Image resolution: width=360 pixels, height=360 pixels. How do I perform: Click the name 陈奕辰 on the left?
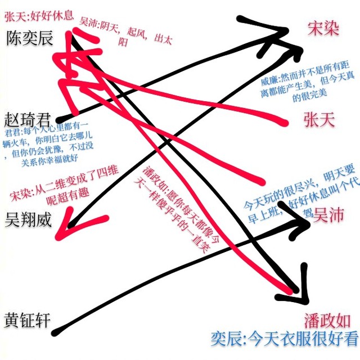(x=29, y=38)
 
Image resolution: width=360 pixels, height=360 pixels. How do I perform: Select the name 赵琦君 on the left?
(x=27, y=120)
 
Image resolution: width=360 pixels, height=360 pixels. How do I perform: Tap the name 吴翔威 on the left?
(x=28, y=219)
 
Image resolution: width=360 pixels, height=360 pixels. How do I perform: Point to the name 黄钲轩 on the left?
(x=27, y=321)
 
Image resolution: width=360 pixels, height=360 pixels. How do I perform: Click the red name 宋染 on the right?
(x=323, y=29)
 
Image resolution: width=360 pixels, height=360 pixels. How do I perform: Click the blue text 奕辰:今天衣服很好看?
(x=285, y=338)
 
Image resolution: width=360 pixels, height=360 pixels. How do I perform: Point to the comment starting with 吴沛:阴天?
(x=125, y=32)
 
